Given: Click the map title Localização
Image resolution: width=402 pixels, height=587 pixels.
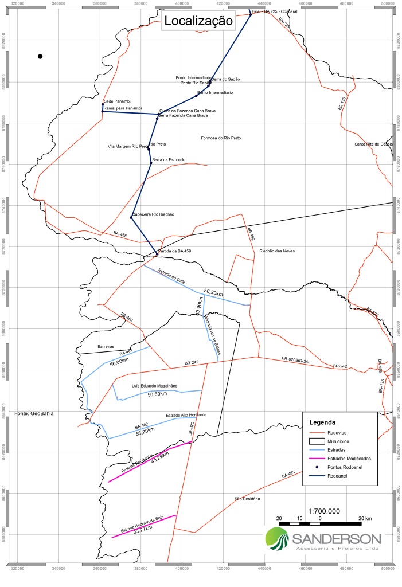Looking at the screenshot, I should (198, 21).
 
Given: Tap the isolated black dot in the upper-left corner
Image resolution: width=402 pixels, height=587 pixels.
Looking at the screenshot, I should (40, 56).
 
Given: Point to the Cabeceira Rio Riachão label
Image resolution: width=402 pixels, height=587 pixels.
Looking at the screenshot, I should (153, 214).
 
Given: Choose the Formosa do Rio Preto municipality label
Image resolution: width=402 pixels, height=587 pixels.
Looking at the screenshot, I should (221, 138).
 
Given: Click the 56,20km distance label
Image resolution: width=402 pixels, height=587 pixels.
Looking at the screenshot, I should (213, 292).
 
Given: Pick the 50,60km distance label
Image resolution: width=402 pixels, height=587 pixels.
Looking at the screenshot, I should (157, 394).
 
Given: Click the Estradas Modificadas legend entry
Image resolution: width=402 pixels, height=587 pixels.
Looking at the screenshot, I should (349, 459).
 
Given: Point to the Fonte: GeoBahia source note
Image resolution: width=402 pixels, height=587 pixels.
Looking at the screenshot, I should (34, 413).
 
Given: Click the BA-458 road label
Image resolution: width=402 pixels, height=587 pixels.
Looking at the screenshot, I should (120, 234).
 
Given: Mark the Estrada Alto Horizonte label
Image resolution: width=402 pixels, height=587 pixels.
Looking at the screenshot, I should (186, 414).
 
